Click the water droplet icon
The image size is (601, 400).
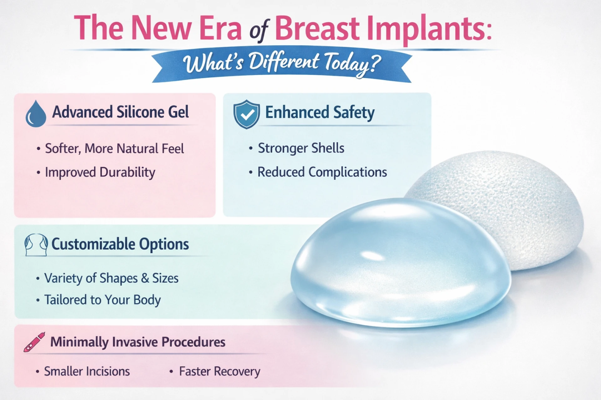36,114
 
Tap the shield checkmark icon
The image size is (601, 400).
247,114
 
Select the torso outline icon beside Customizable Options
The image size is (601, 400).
36,245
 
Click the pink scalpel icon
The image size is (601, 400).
34,342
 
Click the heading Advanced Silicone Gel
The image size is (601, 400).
121,112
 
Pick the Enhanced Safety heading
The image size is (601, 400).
320,112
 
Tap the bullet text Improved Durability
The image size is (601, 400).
100,172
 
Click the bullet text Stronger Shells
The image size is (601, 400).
301,148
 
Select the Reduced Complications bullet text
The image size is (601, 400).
322,172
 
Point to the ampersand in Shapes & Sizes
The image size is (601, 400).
145,278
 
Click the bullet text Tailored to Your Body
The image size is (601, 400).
102,300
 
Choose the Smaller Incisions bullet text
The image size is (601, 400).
87,371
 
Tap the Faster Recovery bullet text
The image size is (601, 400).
219,372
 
